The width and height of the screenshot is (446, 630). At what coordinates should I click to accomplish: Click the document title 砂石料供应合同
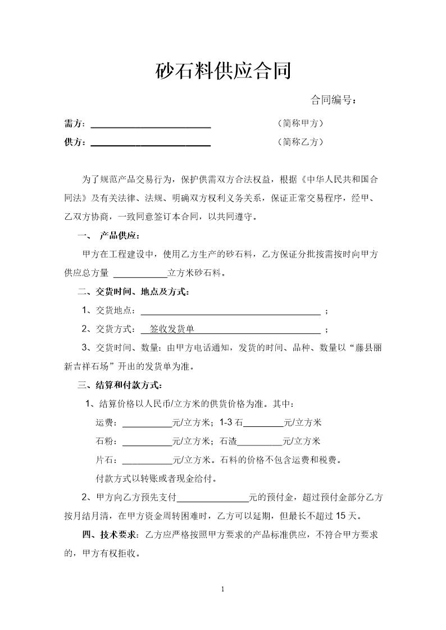(x=223, y=71)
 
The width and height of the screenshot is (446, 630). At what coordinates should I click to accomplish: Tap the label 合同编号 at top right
(x=333, y=100)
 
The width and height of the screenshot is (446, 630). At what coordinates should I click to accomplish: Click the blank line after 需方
(x=151, y=125)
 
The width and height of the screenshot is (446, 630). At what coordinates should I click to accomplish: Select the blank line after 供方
(x=151, y=142)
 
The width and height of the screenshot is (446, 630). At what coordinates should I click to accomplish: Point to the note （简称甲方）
(x=301, y=123)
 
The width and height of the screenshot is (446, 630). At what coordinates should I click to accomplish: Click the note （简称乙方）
(x=301, y=142)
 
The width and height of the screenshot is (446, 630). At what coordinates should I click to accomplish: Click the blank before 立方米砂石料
(x=140, y=274)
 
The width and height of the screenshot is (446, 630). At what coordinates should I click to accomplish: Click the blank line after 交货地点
(x=230, y=311)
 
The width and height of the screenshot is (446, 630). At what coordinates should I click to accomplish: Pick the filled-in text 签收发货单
(x=172, y=329)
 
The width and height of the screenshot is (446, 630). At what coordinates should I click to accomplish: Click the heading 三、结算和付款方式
(x=121, y=385)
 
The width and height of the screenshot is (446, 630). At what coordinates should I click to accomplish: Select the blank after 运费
(x=147, y=423)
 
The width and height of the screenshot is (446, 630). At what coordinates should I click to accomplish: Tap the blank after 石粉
(x=147, y=442)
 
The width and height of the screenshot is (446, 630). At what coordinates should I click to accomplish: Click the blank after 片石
(x=147, y=461)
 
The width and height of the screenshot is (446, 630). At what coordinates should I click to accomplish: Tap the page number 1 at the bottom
(x=223, y=589)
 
